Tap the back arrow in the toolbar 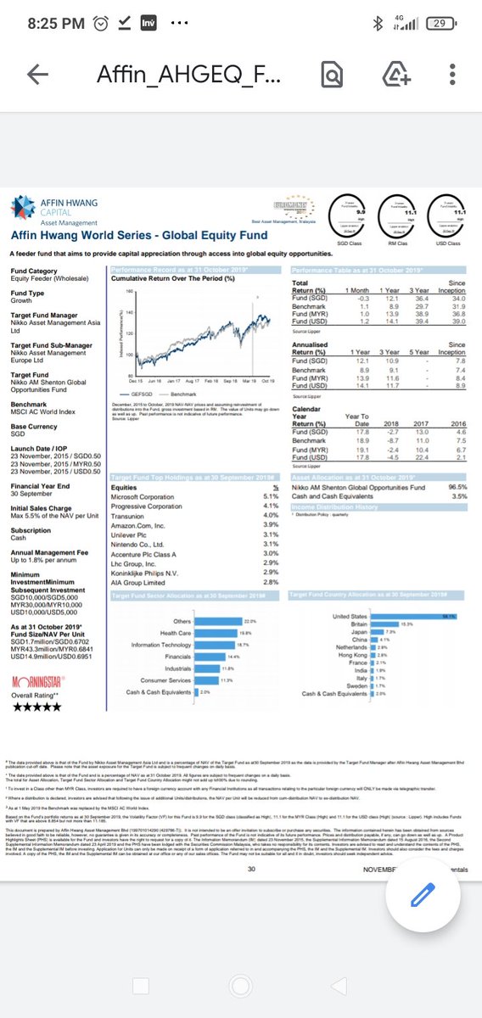[x=37, y=76]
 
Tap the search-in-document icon [x=331, y=76]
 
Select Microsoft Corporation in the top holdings [x=150, y=496]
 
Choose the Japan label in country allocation [x=358, y=632]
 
